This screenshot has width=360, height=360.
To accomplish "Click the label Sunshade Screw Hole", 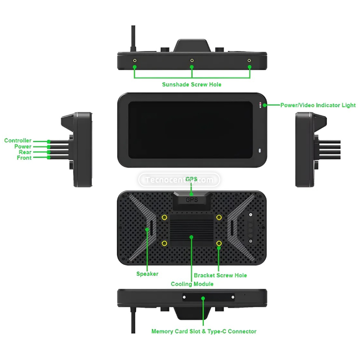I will click(x=192, y=84).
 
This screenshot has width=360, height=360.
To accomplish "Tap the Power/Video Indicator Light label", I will click(x=318, y=105).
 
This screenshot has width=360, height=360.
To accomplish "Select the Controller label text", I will click(x=18, y=141).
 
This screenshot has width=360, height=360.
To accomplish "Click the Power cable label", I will click(x=23, y=147).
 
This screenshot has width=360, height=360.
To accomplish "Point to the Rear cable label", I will click(x=25, y=152).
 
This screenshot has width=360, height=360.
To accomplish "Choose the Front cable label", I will click(x=24, y=158).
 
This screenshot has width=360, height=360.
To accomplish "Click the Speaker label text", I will click(x=147, y=274).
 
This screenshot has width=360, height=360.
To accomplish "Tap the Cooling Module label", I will click(x=192, y=284).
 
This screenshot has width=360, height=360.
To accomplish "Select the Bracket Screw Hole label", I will click(x=220, y=275).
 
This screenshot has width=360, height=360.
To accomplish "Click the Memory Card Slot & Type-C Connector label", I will click(x=204, y=331).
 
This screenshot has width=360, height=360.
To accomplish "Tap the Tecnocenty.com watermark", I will click(x=179, y=180).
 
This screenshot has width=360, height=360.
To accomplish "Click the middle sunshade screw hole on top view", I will click(x=192, y=60).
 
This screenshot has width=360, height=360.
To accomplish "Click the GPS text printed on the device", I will click(x=192, y=200).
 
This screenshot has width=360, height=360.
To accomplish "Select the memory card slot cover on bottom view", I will click(x=208, y=298).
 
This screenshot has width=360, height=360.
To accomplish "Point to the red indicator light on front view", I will click(x=261, y=104).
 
